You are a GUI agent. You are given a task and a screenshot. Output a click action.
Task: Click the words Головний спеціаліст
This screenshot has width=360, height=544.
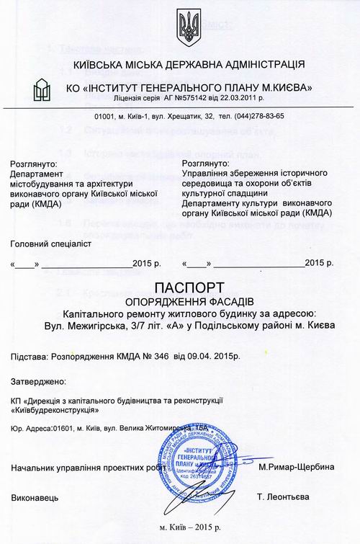52,244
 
